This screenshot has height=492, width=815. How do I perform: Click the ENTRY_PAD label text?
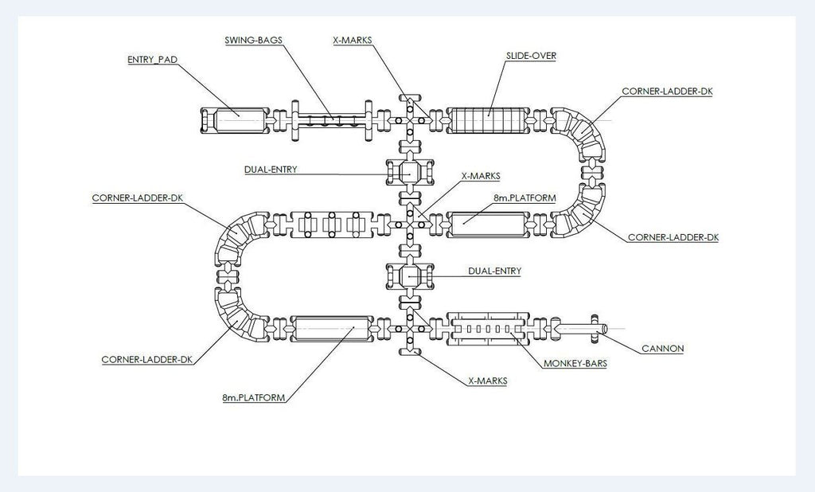tap(151, 60)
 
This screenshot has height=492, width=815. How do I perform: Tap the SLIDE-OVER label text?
tap(531, 57)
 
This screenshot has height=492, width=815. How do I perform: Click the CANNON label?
tap(662, 348)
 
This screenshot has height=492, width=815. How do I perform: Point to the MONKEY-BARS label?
tap(575, 364)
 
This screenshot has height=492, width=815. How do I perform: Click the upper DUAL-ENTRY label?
tap(271, 170)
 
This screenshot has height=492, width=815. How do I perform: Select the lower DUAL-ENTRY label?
tap(495, 271)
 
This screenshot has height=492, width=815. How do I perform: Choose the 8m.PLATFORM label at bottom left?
tap(253, 396)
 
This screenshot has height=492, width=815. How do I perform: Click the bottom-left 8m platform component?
tap(332, 328)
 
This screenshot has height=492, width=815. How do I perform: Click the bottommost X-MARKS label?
tap(487, 381)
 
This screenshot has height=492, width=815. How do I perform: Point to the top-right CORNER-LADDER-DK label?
tap(667, 91)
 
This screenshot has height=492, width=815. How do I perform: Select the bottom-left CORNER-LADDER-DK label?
tap(147, 359)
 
